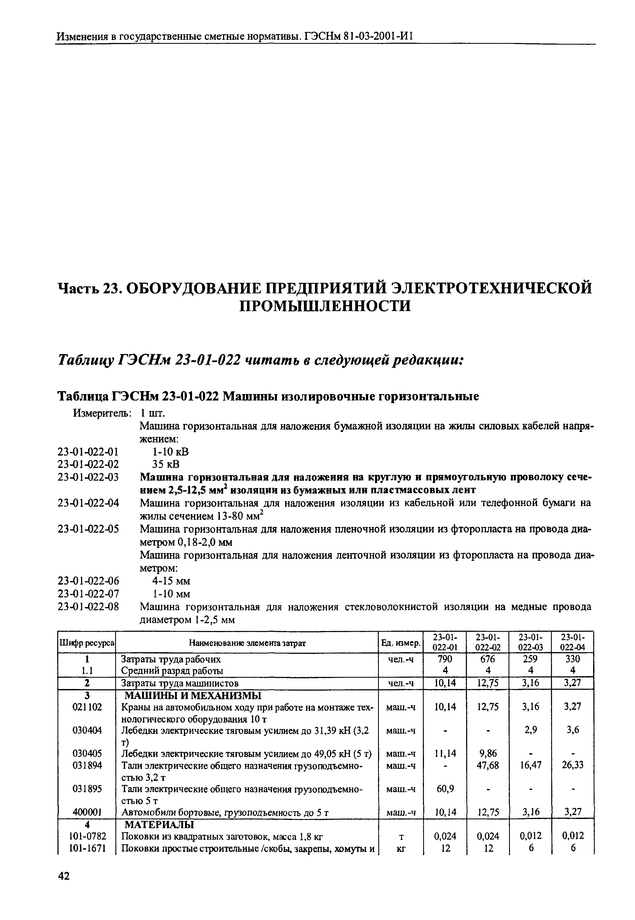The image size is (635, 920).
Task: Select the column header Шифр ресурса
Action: point(87,643)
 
